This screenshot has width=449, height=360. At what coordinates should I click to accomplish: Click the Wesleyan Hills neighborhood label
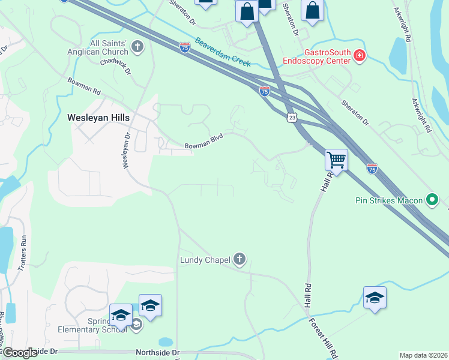[x=98, y=118]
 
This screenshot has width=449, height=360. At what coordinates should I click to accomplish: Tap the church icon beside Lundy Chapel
[x=239, y=259]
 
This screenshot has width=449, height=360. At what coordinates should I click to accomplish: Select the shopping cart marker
[x=336, y=160]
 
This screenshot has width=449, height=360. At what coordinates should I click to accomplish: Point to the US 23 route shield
[x=292, y=118]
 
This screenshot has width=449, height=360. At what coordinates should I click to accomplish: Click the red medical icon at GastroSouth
[x=360, y=56]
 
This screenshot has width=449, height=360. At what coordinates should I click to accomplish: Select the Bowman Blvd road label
[x=203, y=141]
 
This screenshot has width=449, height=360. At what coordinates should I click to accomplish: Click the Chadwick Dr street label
[x=116, y=65]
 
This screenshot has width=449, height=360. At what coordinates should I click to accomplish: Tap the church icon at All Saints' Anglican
[x=137, y=47]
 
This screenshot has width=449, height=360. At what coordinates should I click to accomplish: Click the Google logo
[x=20, y=353]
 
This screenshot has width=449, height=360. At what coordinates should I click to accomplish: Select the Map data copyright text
[x=424, y=355]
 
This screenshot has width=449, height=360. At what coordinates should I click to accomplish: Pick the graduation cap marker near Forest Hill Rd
[x=375, y=298]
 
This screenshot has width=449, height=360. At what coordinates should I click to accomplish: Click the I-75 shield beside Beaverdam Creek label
[x=185, y=47]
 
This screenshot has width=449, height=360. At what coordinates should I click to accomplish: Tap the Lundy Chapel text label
[x=205, y=260]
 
